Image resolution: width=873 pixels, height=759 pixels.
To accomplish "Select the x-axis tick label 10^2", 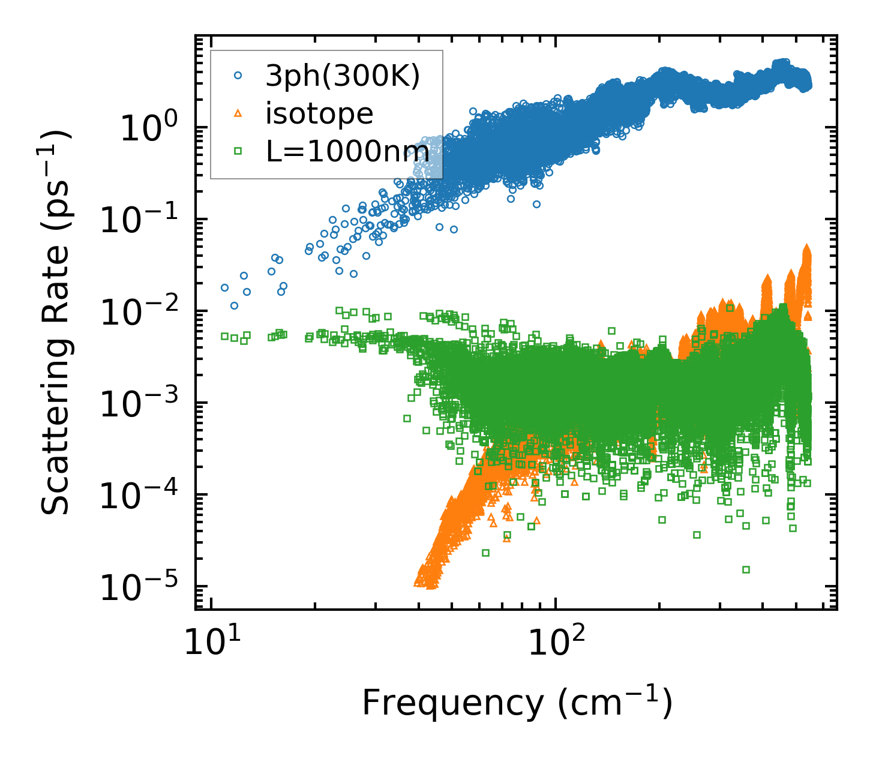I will (x=555, y=642).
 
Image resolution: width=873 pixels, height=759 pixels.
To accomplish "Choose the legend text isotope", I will (x=319, y=113).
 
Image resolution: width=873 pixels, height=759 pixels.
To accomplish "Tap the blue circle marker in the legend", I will (x=238, y=76).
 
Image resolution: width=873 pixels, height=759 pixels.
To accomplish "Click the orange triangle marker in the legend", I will (x=238, y=113).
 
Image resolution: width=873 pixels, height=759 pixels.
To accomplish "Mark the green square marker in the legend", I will (x=238, y=151).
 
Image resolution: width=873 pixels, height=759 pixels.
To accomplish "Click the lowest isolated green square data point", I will (x=746, y=569).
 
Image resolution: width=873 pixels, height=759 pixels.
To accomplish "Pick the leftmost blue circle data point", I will (x=225, y=287).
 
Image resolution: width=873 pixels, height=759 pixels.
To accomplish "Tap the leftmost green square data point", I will (x=225, y=336).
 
